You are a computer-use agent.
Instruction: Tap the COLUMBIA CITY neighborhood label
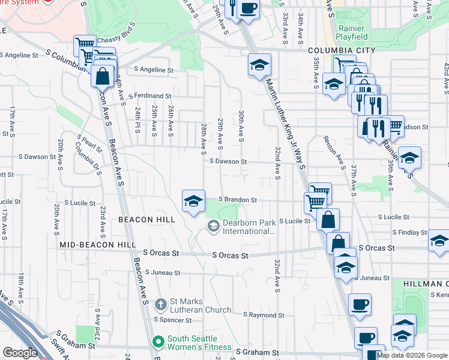342,50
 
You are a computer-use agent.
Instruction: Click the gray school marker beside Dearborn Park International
212,226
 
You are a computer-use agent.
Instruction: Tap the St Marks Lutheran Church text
201,305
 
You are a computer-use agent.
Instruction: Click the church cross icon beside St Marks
160,305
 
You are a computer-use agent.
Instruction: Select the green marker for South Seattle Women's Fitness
158,342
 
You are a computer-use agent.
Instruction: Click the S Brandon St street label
238,200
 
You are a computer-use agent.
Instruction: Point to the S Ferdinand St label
145,95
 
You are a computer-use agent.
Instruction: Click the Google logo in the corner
20,353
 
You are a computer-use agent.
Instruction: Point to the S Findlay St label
410,232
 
